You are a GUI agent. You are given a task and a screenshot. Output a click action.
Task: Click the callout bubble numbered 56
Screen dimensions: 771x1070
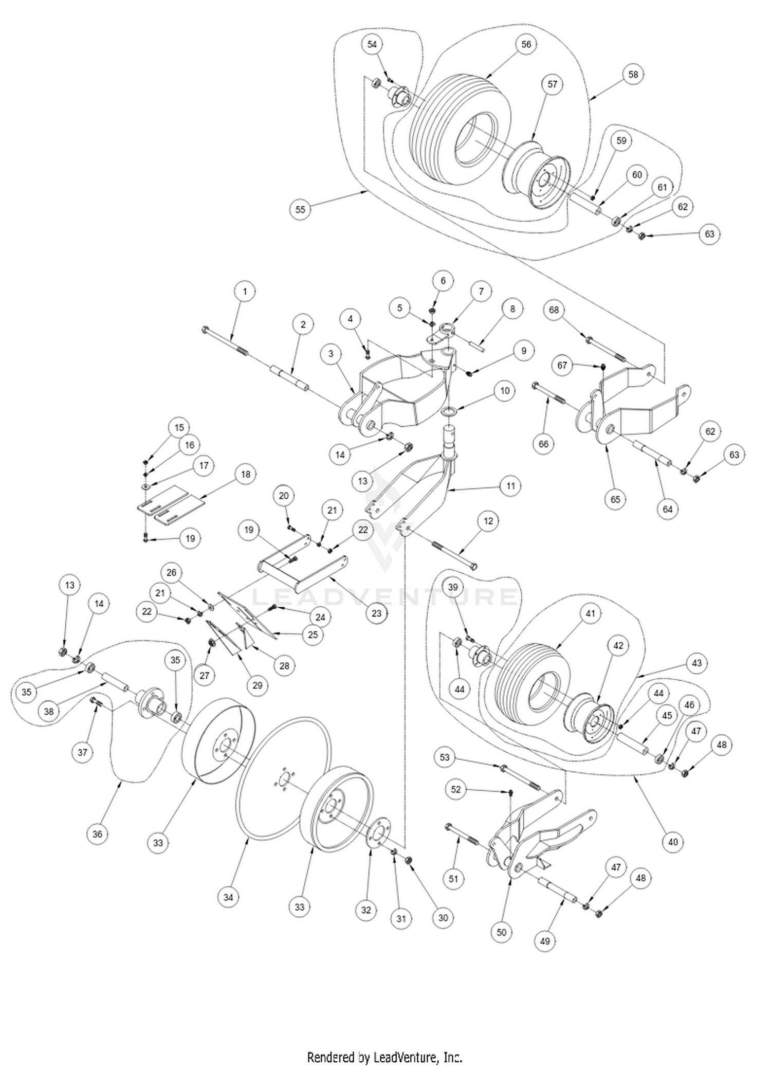(x=526, y=44)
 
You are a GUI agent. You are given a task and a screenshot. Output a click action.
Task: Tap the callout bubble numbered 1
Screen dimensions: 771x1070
(x=245, y=292)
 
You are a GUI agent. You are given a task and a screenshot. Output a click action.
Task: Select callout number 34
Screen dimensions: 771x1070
(x=228, y=898)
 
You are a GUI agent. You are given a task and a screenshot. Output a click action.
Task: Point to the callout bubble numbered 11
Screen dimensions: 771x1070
(x=510, y=486)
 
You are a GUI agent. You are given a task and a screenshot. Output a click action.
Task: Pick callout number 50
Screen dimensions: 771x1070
(x=502, y=932)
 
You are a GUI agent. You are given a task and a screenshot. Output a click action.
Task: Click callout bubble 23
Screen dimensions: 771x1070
(x=377, y=613)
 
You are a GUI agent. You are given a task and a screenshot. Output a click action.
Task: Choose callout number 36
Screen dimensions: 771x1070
(x=98, y=834)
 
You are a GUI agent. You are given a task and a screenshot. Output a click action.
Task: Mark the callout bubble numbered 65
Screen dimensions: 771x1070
(x=615, y=499)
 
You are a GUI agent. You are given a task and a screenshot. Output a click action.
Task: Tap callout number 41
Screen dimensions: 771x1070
(x=591, y=613)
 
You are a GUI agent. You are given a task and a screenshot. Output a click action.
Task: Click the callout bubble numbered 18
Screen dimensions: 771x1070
(x=246, y=474)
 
